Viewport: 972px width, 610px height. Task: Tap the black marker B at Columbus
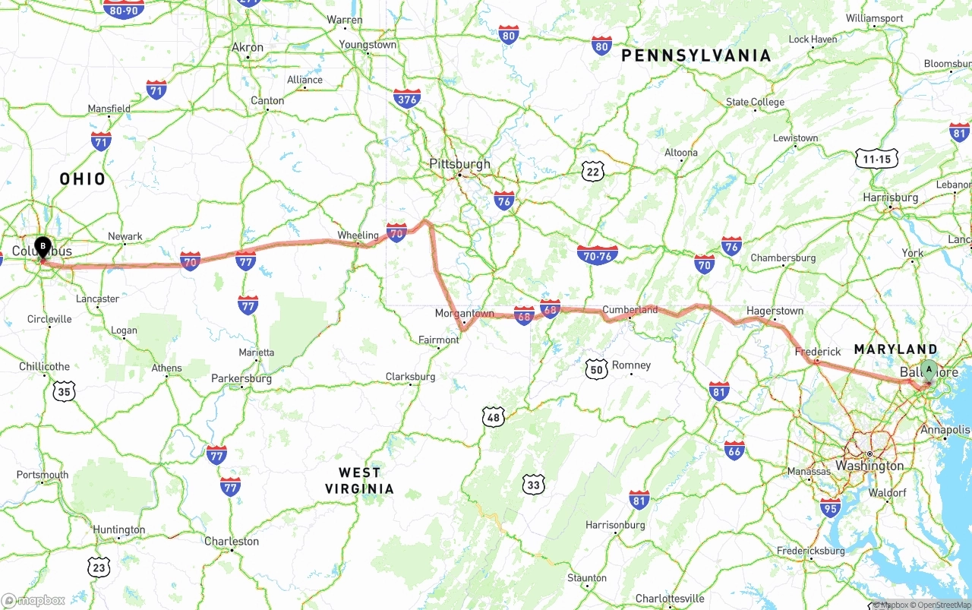[43, 247]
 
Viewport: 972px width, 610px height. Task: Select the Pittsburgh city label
[459, 163]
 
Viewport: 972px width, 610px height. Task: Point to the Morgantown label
[464, 313]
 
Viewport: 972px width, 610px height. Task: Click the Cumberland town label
[630, 309]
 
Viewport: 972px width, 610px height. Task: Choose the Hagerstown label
[775, 311]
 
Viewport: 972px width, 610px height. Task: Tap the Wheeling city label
[358, 235]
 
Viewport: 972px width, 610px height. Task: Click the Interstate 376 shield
[407, 98]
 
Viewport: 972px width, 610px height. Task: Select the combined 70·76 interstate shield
[597, 254]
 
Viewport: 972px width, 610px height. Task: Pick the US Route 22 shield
[594, 171]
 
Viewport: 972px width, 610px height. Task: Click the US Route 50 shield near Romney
[597, 369]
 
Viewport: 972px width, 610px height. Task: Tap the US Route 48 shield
[494, 416]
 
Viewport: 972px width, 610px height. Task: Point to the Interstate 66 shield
[734, 450]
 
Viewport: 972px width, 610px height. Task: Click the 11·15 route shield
[876, 159]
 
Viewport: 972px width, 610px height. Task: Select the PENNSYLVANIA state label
[696, 55]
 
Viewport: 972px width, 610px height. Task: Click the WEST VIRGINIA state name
[359, 481]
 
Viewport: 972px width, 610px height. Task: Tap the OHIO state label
[83, 179]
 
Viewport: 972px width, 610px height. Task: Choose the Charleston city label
[232, 542]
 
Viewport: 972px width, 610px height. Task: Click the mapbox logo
[33, 600]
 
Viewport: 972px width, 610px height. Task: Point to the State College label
[755, 102]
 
